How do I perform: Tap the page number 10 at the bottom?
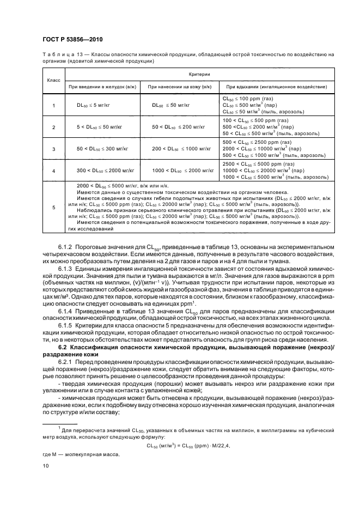(46, 465)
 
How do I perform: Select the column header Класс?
(53, 80)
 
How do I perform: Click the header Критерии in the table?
(199, 73)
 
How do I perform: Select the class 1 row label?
(53, 105)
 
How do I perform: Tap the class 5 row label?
(53, 207)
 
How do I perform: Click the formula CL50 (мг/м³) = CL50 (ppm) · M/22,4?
(189, 445)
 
